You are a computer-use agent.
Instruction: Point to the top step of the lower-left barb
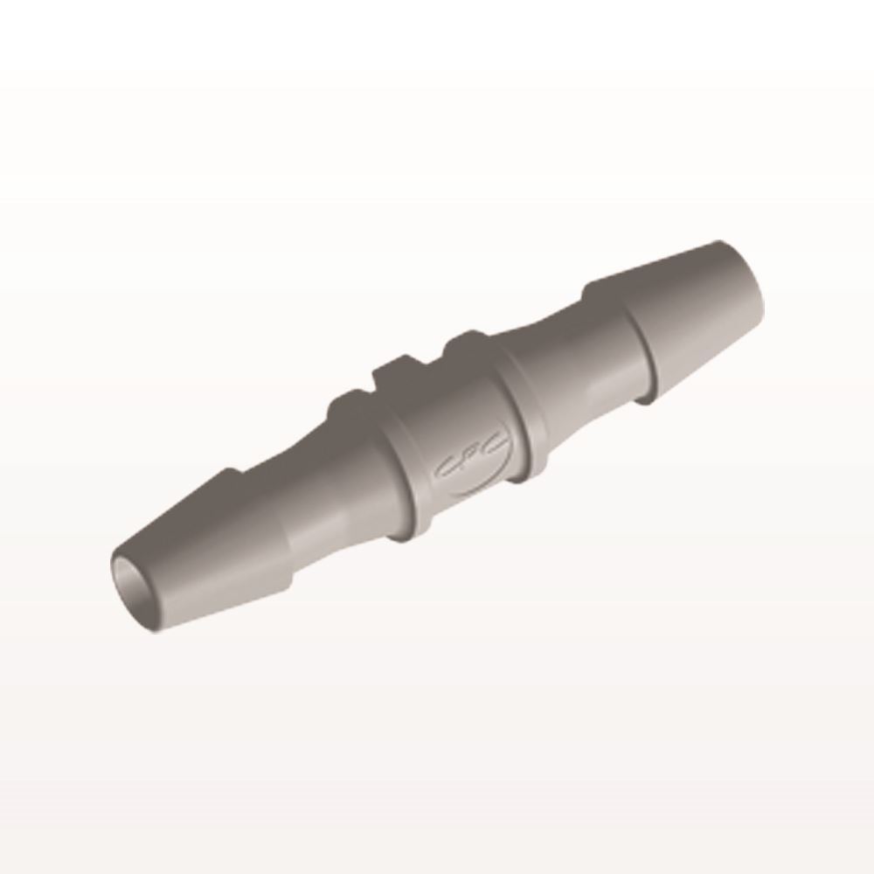pos(229,476)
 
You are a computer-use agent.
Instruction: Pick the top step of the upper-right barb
pos(603,284)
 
